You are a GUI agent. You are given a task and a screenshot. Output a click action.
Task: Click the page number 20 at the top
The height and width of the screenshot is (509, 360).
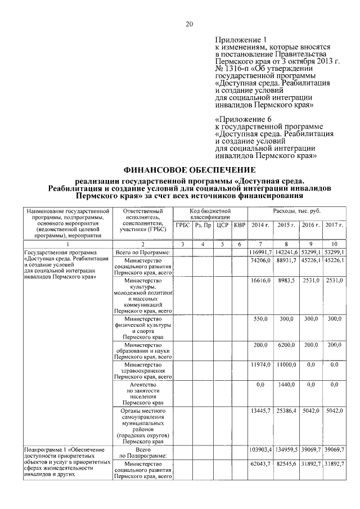[190, 24]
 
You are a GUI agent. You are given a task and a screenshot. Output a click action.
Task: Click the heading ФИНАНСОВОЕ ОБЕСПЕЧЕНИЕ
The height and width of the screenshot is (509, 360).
[190, 169]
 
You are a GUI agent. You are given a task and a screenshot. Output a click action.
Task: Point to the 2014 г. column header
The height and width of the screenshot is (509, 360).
[260, 225]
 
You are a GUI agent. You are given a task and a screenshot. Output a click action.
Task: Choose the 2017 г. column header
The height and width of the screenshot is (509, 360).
[334, 225]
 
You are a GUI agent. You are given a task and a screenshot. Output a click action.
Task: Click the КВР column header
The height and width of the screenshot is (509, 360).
[240, 225]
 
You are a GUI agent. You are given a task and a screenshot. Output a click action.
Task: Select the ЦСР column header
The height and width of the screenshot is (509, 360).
[222, 225]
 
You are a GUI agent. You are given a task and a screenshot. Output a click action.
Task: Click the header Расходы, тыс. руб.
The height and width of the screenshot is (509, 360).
[296, 210]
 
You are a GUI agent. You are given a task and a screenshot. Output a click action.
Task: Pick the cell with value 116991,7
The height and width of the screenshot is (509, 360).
[261, 253]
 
